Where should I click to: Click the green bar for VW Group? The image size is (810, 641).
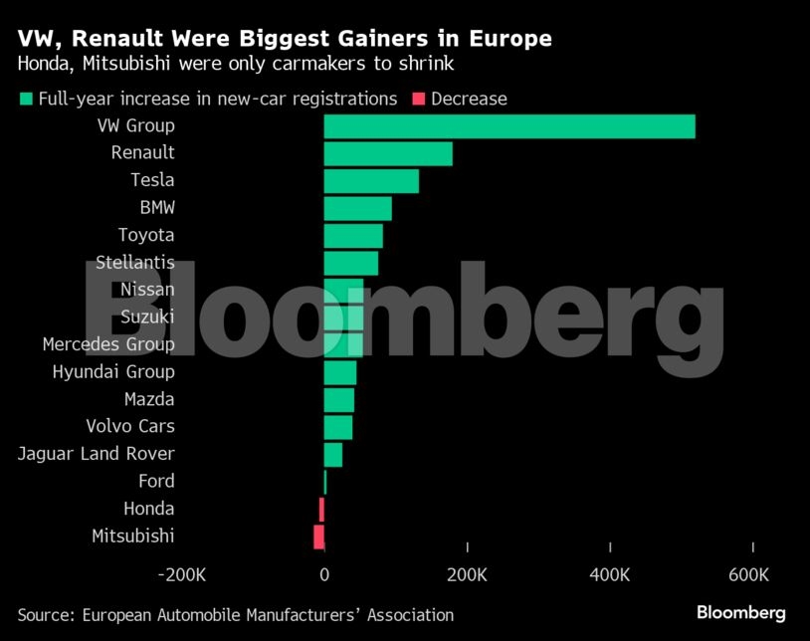point(509,126)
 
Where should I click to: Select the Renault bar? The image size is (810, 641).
point(388,153)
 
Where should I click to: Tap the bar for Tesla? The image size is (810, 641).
point(371,181)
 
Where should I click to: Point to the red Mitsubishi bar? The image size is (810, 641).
point(318,536)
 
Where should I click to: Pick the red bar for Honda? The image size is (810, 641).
point(321,509)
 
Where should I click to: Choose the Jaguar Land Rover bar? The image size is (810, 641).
point(333,454)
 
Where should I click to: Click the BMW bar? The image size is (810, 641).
point(357,208)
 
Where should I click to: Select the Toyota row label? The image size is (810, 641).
point(146,235)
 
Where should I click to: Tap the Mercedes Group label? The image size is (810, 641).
point(108,344)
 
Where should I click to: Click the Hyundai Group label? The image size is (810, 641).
point(113,371)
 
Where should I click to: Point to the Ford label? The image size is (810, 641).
point(156,481)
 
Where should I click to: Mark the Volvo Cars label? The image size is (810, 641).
point(130,426)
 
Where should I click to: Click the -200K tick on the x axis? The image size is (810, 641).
point(182,575)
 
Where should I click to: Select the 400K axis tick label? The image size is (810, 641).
point(610,575)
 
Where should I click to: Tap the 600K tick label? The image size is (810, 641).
point(748,575)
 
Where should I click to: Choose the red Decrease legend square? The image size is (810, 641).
point(418,99)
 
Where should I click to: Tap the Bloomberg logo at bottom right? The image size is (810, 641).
point(740,613)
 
